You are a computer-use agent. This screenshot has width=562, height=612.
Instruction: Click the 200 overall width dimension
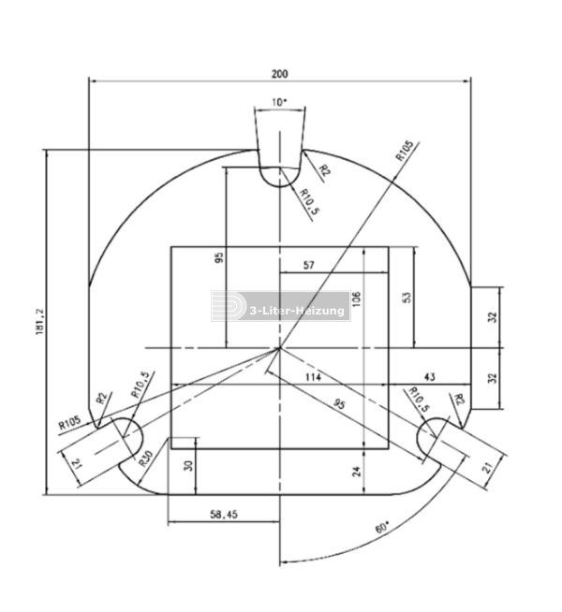click(279, 73)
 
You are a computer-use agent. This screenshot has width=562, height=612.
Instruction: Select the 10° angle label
click(279, 101)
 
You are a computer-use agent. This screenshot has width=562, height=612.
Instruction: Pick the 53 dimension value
click(406, 297)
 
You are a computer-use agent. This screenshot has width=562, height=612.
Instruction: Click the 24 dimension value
click(356, 473)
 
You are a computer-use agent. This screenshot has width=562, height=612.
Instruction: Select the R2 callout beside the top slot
click(323, 170)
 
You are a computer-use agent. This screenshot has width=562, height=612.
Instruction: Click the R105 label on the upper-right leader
click(405, 152)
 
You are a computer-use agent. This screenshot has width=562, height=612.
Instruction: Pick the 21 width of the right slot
click(486, 467)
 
